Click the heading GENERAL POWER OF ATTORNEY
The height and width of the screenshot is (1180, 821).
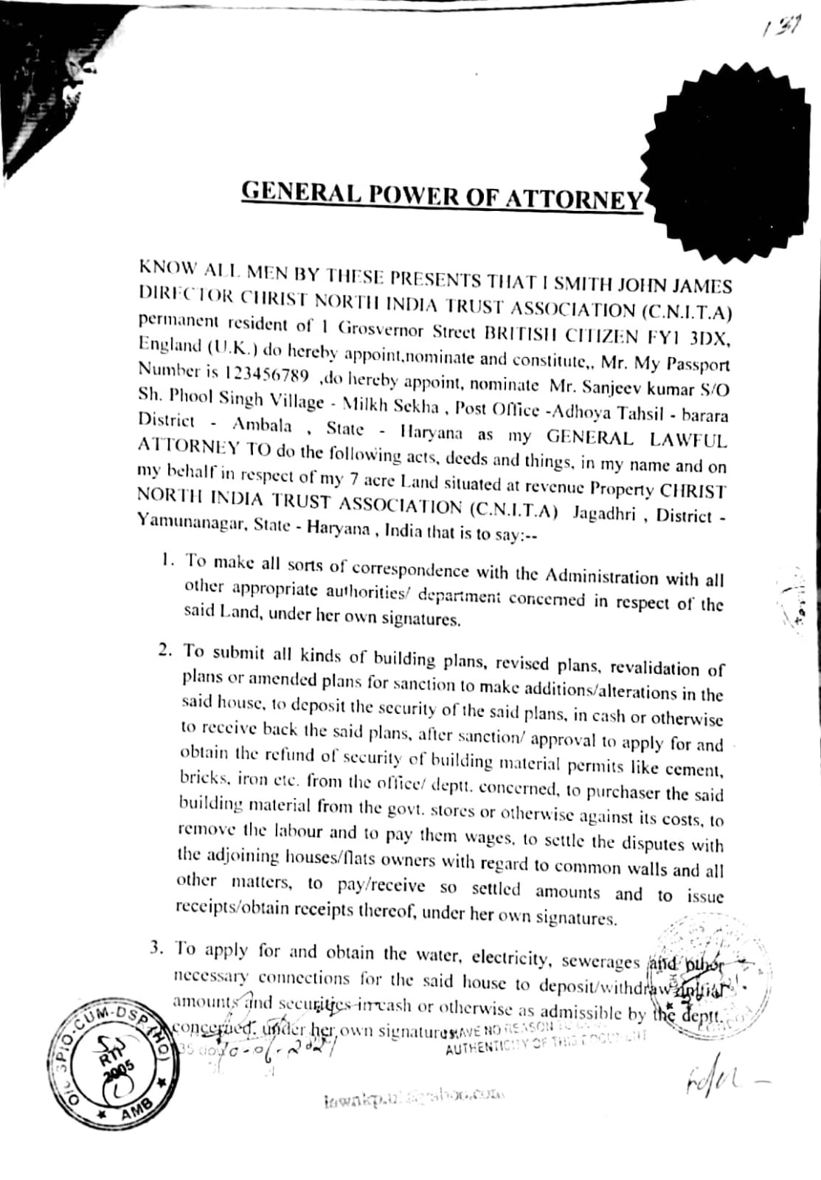tap(443, 195)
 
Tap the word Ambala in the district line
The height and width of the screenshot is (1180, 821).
tap(262, 425)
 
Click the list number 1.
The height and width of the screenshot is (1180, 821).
tap(167, 560)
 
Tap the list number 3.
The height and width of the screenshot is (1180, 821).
tap(156, 948)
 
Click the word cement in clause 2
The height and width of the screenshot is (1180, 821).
tap(693, 769)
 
